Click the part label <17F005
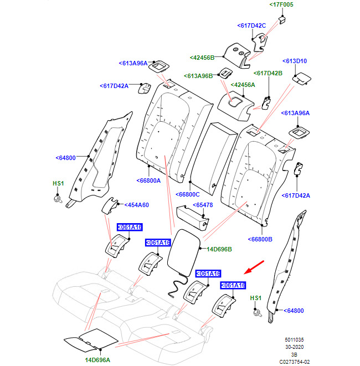coord(281,4)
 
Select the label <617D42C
coord(251,25)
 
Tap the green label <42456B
coord(202,58)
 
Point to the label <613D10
coord(295,61)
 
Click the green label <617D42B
coord(268,73)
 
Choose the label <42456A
coord(243,85)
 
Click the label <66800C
coord(187,194)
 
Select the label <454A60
coord(136,205)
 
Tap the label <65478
coord(203,205)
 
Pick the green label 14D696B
coord(219,249)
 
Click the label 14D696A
coord(97,360)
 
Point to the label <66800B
coord(260,239)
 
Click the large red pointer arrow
coord(254,267)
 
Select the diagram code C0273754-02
coord(295,362)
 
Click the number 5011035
coord(294,340)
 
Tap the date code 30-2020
coord(295,347)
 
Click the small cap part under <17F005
coord(282,20)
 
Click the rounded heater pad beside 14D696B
coord(184,252)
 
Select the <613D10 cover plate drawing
coord(301,79)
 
